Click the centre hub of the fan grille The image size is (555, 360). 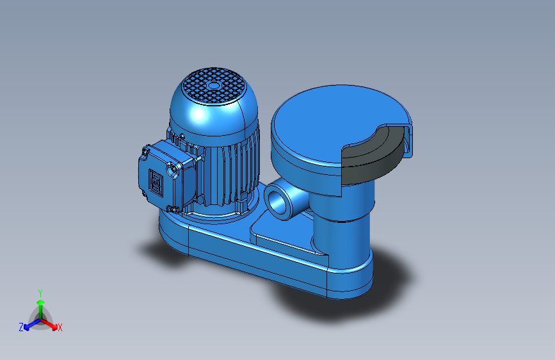213,85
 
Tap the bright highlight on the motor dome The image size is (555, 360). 198,115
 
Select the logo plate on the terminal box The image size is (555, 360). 156,183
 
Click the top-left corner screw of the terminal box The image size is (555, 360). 145,151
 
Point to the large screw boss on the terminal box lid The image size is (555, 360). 172,168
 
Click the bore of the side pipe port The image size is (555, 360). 276,202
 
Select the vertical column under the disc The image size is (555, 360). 342,227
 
